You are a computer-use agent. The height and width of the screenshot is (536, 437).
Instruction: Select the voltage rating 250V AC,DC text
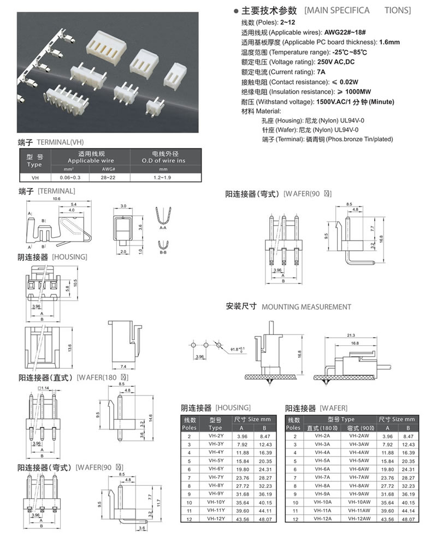click(x=336, y=62)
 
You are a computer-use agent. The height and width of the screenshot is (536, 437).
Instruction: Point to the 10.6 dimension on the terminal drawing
click(x=56, y=199)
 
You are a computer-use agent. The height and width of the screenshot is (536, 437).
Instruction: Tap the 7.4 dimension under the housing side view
click(x=123, y=366)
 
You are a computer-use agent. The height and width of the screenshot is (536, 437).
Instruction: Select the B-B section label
click(x=163, y=253)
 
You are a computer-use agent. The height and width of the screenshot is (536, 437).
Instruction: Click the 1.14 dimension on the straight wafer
click(x=44, y=388)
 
